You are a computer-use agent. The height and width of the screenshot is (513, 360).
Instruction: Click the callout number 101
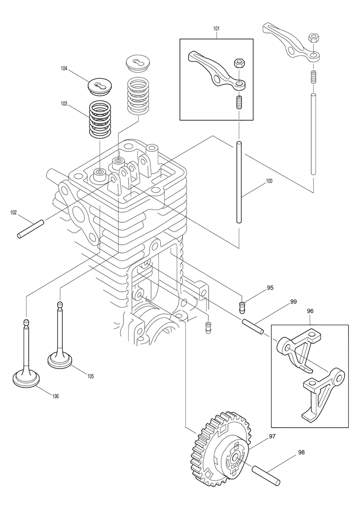pos(216,29)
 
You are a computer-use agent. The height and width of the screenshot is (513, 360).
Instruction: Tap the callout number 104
pos(64,68)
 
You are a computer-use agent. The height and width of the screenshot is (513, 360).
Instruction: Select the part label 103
pos(64,103)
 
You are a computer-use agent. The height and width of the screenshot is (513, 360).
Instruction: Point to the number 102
pos(13,212)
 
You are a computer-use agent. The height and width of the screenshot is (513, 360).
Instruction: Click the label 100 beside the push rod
pos(269,181)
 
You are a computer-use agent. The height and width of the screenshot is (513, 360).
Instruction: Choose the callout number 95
pos(270,288)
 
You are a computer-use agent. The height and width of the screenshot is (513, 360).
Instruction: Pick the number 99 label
pos(293,301)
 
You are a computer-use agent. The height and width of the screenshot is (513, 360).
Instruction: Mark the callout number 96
pos(310,311)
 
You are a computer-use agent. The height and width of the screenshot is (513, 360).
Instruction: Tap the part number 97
pos(272,436)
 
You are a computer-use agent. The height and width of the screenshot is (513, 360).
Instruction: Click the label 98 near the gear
pos(301,452)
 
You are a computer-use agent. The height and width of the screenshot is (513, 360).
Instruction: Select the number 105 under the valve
pos(90,376)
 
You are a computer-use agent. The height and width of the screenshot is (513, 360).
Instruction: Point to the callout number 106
pos(55,396)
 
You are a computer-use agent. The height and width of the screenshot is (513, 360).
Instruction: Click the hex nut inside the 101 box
pos(238,63)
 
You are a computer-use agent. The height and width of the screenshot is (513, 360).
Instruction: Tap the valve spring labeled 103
pos(101,118)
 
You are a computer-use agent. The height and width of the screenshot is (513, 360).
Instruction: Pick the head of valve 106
pos(27,378)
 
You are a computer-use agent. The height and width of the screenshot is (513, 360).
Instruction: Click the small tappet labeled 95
pos(242,307)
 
